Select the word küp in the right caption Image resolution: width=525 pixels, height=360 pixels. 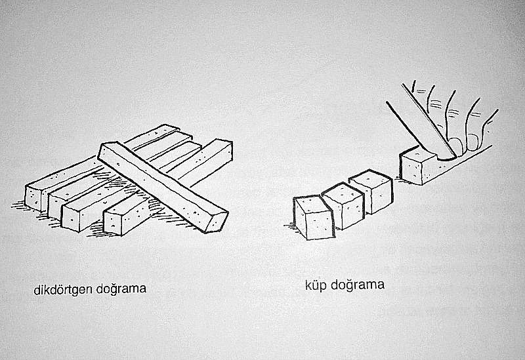point(316,286)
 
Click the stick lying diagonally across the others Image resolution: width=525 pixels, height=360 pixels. point(163,186)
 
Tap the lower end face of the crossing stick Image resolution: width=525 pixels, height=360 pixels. point(217,222)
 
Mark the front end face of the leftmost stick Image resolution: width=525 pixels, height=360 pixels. point(33,198)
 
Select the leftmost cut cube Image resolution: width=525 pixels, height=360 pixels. point(314,218)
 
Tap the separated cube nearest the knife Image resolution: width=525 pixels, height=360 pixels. point(371,191)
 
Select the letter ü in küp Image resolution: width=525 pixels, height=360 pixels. point(316,285)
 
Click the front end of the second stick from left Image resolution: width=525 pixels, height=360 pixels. point(54,207)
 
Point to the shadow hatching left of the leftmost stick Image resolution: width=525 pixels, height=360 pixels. point(20,205)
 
